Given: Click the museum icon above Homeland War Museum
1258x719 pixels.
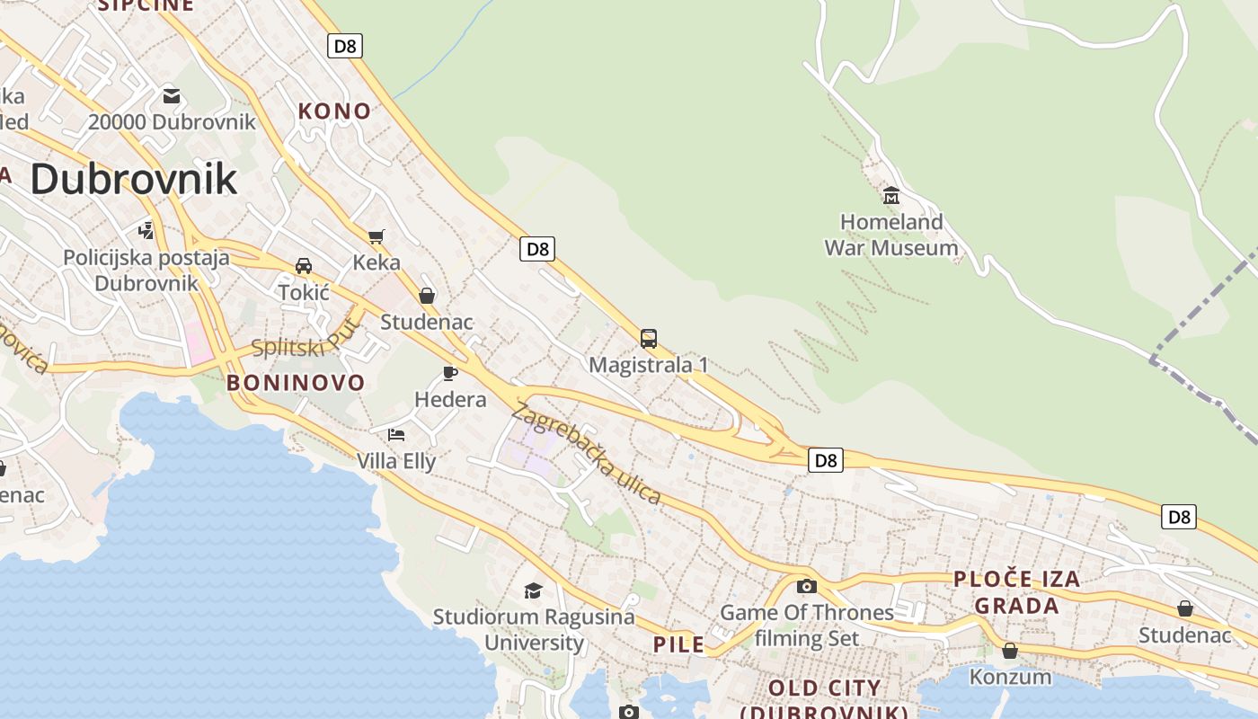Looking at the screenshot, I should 891,195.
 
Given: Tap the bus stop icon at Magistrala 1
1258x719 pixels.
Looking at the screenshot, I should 649,339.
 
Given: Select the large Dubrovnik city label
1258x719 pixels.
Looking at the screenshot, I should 134,179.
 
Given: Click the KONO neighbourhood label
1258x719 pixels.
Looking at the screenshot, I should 334,111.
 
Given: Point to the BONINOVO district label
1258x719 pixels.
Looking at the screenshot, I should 296,383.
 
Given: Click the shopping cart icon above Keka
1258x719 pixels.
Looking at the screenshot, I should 376,236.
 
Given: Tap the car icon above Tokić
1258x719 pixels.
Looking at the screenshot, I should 304,266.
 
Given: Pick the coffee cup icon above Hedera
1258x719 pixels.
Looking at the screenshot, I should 450,373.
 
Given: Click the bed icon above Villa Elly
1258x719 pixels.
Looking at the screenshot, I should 396,435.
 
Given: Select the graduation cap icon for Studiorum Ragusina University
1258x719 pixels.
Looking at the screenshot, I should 534,590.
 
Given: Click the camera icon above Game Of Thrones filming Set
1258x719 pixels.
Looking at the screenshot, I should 807,586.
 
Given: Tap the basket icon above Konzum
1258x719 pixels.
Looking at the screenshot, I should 1010,650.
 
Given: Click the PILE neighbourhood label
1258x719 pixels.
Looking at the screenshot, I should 678,644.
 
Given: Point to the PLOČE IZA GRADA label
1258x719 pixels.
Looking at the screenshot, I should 1017,592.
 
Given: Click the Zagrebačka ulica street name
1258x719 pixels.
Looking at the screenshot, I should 587,454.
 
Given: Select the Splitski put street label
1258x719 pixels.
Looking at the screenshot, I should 305,342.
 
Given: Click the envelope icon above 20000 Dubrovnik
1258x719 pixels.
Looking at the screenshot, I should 172,96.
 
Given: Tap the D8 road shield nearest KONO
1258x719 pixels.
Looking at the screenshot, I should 345,46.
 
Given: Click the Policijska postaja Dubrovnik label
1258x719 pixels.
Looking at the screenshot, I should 146,271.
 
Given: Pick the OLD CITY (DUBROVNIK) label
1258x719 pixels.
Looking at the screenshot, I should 824,699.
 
